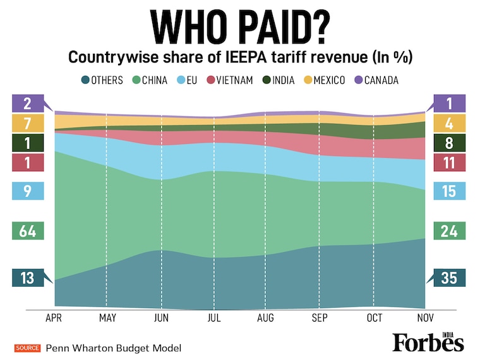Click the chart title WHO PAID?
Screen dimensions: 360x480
(x=240, y=27)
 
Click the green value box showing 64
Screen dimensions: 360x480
(x=27, y=231)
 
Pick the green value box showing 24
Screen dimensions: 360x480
(x=449, y=231)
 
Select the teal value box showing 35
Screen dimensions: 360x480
(x=449, y=278)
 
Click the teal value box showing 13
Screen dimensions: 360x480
(x=27, y=278)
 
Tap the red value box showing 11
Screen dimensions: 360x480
(x=449, y=162)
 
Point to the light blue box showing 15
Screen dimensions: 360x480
(x=449, y=191)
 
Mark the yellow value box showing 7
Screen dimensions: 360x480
(x=27, y=123)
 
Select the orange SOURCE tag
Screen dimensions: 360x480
(x=28, y=348)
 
